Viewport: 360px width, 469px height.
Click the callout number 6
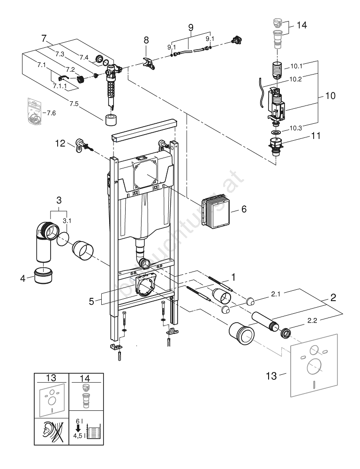click(x=244, y=209)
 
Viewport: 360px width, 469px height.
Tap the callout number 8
click(x=145, y=40)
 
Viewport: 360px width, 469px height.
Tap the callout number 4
click(x=22, y=279)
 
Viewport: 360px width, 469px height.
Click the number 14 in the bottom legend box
click(x=86, y=378)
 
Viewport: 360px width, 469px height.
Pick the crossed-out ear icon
click(x=52, y=431)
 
